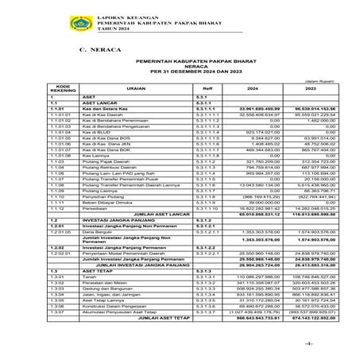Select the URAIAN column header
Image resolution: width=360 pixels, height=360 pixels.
[x=114, y=90]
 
